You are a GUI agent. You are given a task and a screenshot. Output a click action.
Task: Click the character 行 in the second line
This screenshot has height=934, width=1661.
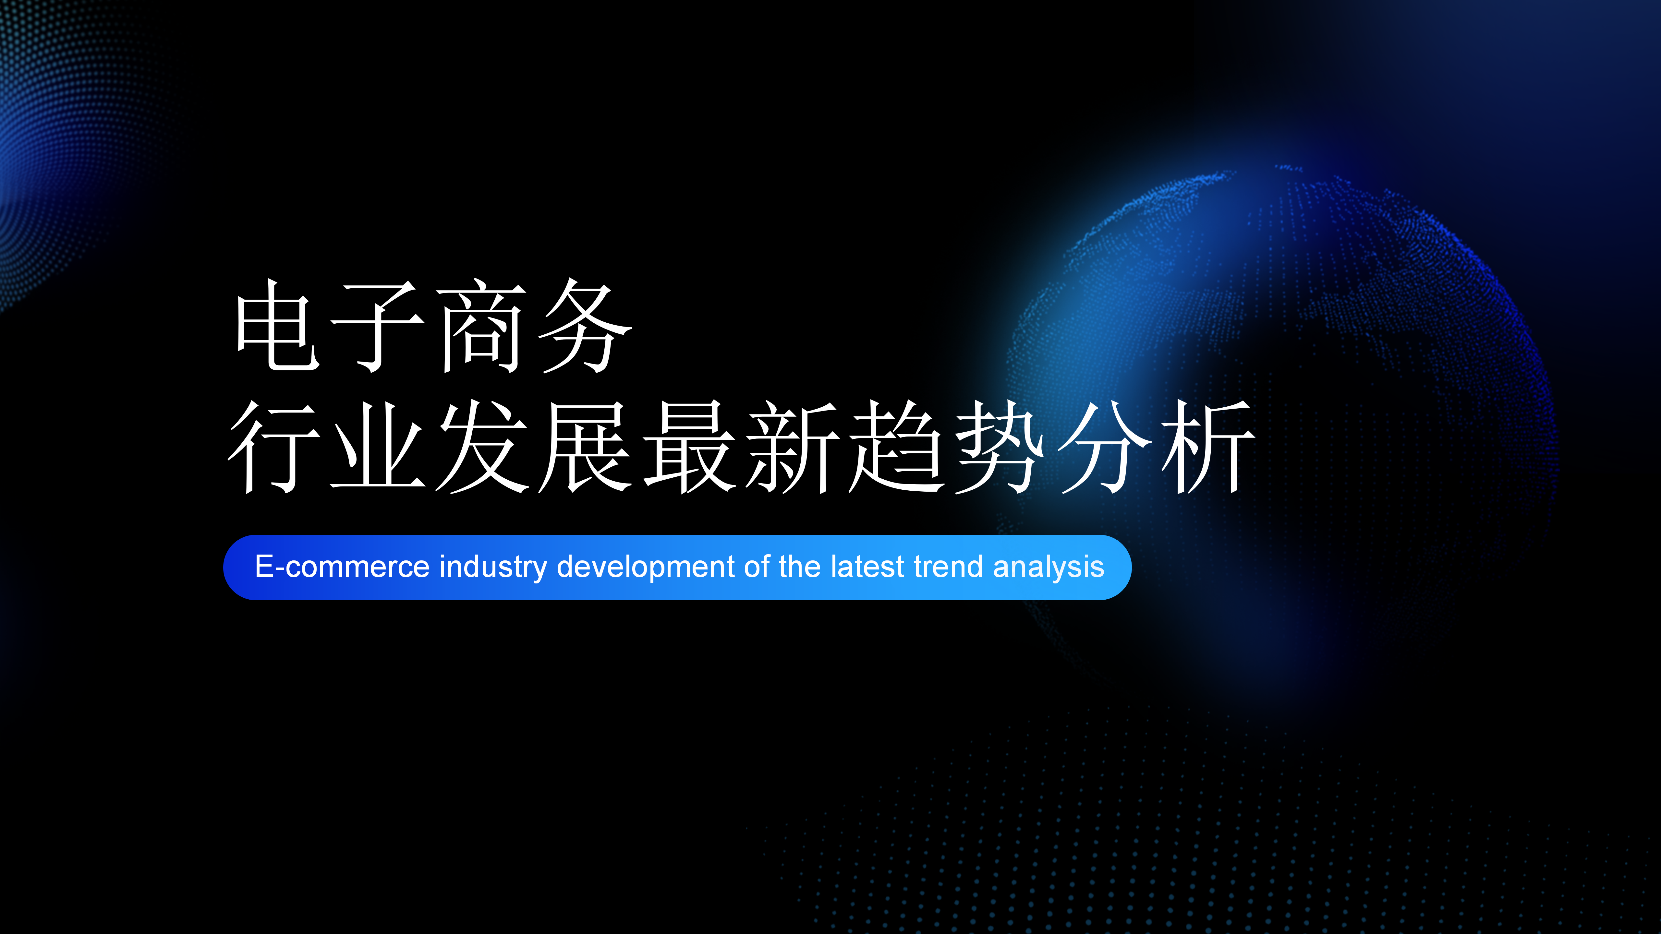coord(274,447)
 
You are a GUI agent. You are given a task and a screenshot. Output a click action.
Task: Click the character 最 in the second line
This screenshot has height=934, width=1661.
coord(689,447)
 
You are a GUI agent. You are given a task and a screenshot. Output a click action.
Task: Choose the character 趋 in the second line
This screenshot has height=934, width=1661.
coord(896,447)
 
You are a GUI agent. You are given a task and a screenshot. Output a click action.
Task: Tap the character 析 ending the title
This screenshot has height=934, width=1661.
coord(1208,447)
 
